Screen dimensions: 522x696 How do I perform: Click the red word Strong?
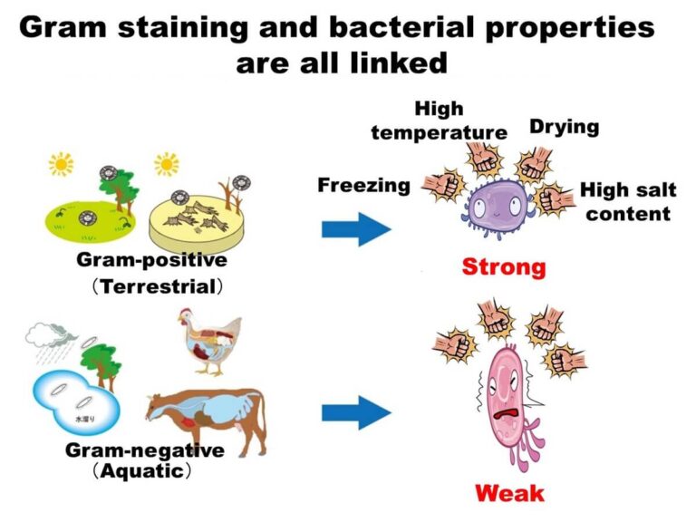coord(504,267)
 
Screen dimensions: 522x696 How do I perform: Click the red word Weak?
coord(509,493)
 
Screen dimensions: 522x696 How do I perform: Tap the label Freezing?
coord(363,186)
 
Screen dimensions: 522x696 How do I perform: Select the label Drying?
coord(564,126)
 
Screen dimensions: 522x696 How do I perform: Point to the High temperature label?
coord(439,121)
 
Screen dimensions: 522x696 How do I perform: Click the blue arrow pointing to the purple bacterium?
coord(354,227)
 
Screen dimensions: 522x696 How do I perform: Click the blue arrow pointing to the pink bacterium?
coord(354,413)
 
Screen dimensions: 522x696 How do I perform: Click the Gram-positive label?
coord(151,261)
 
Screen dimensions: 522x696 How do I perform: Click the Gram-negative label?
coord(144,451)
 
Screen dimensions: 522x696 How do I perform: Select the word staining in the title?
coord(172,28)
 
